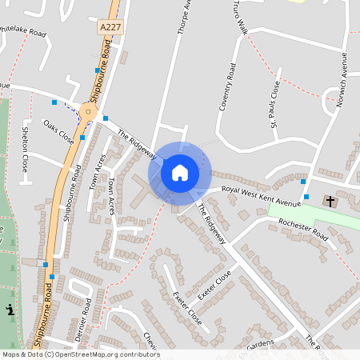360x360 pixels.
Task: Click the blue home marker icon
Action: click(180, 172)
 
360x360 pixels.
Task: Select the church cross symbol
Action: click(330, 200)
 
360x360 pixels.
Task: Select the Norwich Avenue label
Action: click(344, 80)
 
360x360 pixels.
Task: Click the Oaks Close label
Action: click(58, 132)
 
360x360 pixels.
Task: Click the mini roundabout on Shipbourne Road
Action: click(89, 113)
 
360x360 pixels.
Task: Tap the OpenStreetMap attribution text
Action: click(81, 354)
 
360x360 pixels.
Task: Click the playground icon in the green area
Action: click(9, 310)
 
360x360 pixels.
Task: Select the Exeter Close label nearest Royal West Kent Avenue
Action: click(215, 284)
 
